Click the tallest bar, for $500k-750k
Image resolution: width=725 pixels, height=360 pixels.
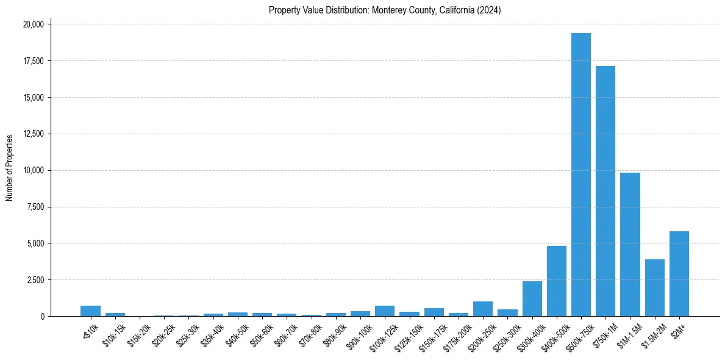point(580,175)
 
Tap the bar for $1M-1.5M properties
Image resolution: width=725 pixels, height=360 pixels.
point(630,244)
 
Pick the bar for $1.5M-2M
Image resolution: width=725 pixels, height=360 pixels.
point(654,287)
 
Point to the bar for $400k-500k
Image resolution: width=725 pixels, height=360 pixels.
point(556,281)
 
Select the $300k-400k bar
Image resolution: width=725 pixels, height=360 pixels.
point(532,298)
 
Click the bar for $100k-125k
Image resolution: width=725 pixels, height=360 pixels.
point(385,311)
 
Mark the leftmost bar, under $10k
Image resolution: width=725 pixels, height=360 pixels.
point(90,311)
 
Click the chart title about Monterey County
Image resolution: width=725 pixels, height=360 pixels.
point(385,10)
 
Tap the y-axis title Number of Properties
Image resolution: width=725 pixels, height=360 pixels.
point(10,167)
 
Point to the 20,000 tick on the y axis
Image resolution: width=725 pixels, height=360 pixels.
point(32,24)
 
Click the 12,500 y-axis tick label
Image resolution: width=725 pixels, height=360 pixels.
point(32,134)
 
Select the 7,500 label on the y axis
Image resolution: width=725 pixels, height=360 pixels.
point(34,207)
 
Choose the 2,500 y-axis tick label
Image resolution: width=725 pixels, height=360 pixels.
point(34,280)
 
